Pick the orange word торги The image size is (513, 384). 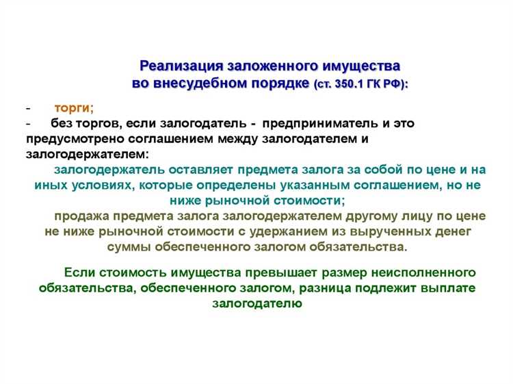tap(73, 107)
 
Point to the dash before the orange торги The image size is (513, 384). tap(27, 108)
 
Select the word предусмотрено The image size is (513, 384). tap(70, 139)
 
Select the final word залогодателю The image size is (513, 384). tap(256, 303)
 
